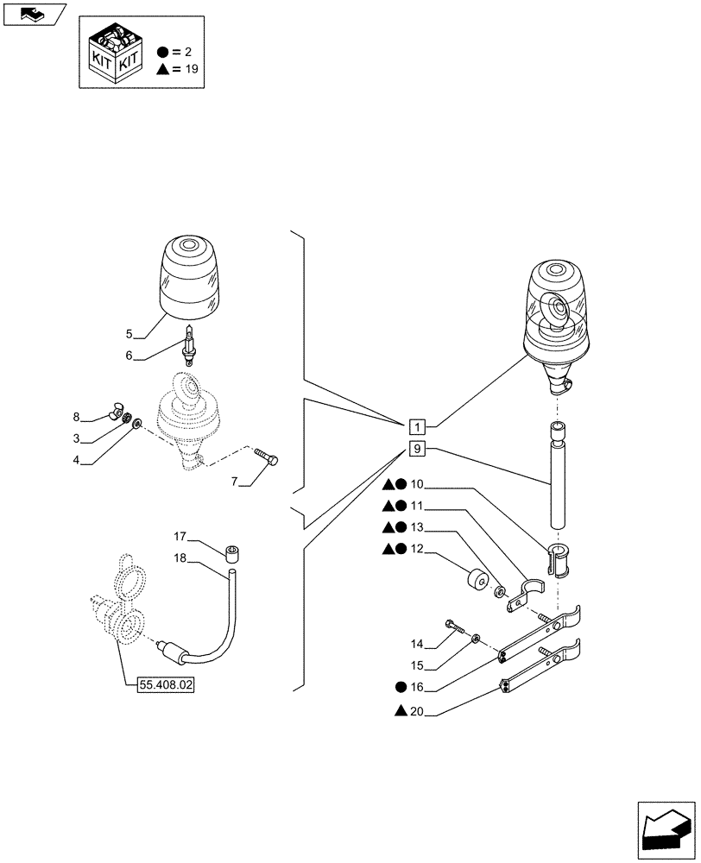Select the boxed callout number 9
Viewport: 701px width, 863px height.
click(x=417, y=449)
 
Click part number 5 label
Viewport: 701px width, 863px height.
click(x=129, y=333)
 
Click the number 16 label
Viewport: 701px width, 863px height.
click(x=418, y=687)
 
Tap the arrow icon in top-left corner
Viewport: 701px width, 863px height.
click(x=35, y=13)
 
